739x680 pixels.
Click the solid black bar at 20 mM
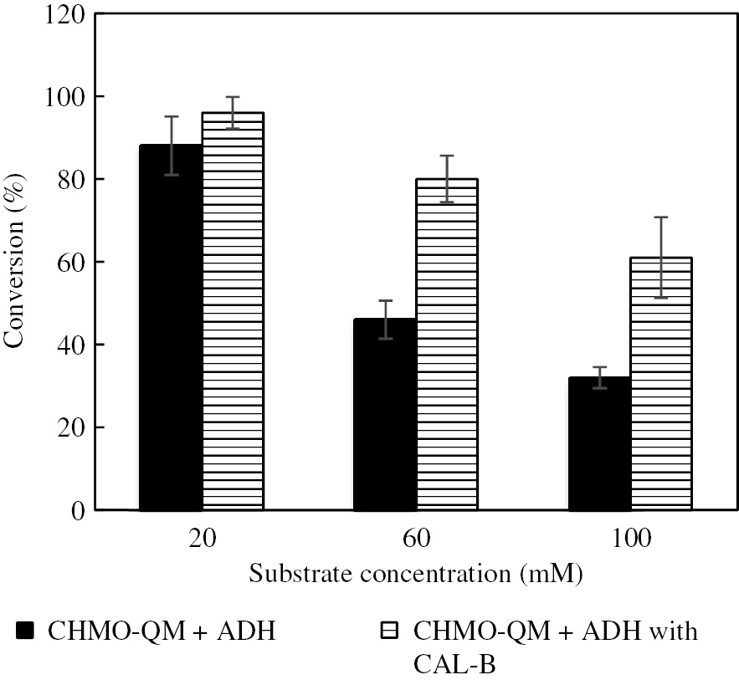pyautogui.click(x=171, y=327)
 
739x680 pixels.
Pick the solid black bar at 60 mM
pyautogui.click(x=385, y=414)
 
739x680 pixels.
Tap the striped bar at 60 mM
pyautogui.click(x=447, y=344)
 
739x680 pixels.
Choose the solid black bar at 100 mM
pyautogui.click(x=599, y=443)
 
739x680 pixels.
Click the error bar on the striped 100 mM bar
pyautogui.click(x=661, y=257)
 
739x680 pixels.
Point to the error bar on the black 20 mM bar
pyautogui.click(x=171, y=145)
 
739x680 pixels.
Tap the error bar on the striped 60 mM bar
pyautogui.click(x=447, y=178)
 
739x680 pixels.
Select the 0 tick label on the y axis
pyautogui.click(x=77, y=511)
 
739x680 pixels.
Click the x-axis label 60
pyautogui.click(x=416, y=539)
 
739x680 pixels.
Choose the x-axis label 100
pyautogui.click(x=630, y=539)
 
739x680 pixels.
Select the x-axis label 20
pyautogui.click(x=202, y=539)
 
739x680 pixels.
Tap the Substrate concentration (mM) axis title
pyautogui.click(x=416, y=575)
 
